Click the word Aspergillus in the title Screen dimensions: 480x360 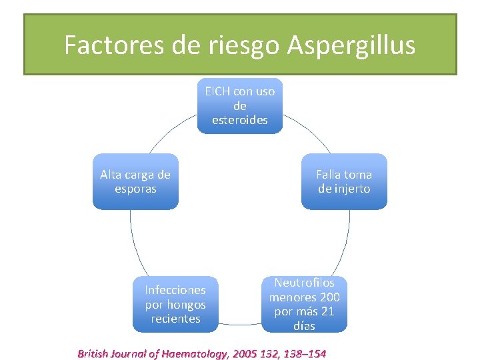point(351,45)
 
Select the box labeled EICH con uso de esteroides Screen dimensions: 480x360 point(239,106)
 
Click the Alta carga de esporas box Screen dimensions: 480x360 point(135,181)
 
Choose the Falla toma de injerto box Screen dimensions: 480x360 point(344,181)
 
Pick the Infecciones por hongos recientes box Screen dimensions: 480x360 point(175,304)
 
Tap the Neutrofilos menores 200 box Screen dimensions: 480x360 point(304,304)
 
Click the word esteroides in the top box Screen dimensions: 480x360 point(240,120)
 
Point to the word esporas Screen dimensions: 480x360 point(135,189)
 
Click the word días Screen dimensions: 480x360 point(304,326)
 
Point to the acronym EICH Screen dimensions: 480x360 point(218,92)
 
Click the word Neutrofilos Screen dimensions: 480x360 point(304,283)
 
